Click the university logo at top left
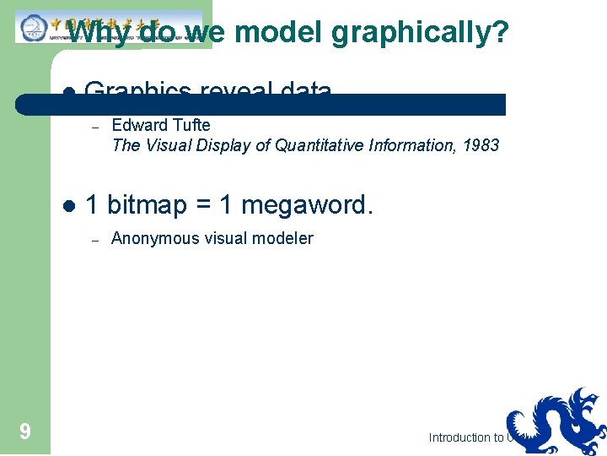(x=34, y=27)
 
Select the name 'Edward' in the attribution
(x=139, y=125)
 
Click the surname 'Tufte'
(x=191, y=125)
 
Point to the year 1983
(x=481, y=145)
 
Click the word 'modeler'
(x=282, y=238)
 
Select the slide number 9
(x=25, y=432)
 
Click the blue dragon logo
(x=556, y=422)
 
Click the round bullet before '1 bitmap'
(x=70, y=205)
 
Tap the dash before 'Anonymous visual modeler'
(x=96, y=239)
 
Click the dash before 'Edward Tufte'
(x=96, y=126)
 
